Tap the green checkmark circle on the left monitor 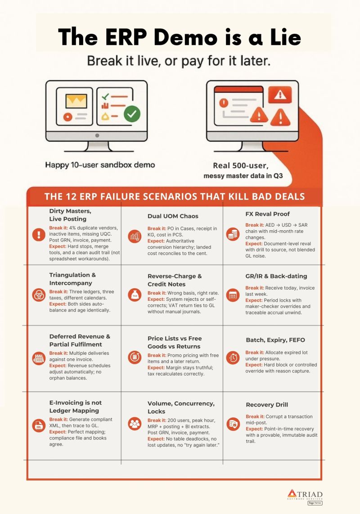point(131,114)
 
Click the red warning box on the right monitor point(279,94)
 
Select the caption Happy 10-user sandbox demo point(100,165)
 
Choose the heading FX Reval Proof point(267,214)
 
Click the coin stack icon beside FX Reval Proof point(233,234)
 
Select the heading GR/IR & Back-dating point(276,276)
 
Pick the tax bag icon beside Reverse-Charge point(135,294)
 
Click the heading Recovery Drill point(267,405)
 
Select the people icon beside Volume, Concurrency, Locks point(135,423)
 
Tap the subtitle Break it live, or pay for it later point(179,60)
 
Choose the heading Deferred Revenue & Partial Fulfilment point(80,340)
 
